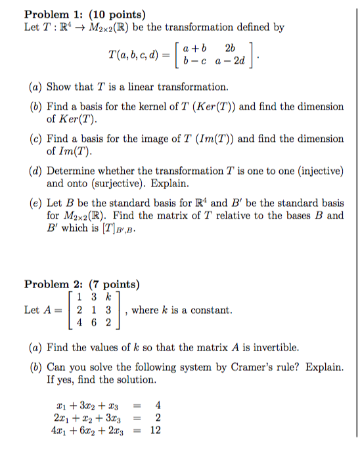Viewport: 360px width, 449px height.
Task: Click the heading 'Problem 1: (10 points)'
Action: [x=85, y=14]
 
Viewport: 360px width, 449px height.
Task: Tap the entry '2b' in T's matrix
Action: [x=229, y=48]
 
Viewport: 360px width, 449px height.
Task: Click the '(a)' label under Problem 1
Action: [x=37, y=87]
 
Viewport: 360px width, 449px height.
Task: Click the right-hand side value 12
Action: [x=156, y=431]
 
